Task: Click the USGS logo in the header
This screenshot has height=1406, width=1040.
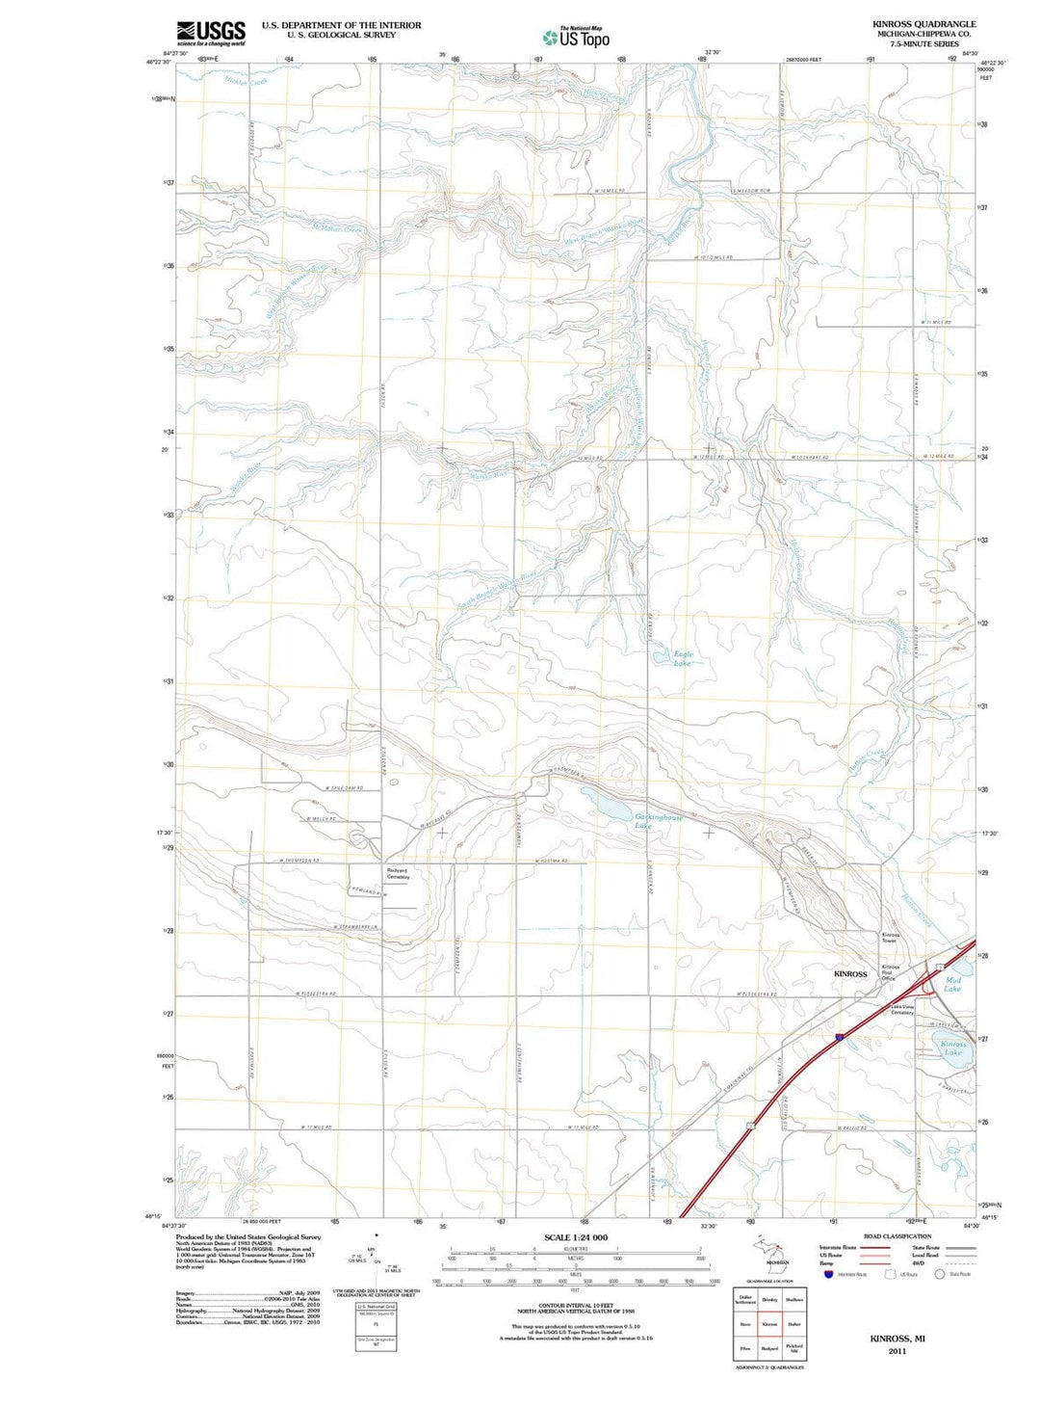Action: pyautogui.click(x=211, y=33)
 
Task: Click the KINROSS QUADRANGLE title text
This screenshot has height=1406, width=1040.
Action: pyautogui.click(x=923, y=24)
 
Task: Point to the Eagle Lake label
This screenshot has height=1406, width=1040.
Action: pyautogui.click(x=683, y=659)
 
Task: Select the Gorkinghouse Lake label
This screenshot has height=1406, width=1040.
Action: pyautogui.click(x=659, y=821)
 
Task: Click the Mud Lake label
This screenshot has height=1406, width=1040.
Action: pyautogui.click(x=952, y=984)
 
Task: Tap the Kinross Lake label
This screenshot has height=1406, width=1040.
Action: pyautogui.click(x=952, y=1048)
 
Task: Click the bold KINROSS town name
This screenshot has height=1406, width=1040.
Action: pyautogui.click(x=850, y=974)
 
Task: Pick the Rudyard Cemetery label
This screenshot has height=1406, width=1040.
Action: pyautogui.click(x=398, y=874)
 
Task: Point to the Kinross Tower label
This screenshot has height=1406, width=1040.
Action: pyautogui.click(x=891, y=938)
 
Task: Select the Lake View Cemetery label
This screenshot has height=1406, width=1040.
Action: pyautogui.click(x=901, y=1010)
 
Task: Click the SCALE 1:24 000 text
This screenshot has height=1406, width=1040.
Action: pyautogui.click(x=576, y=1237)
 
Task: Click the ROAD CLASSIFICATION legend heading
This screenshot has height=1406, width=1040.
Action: pyautogui.click(x=897, y=1236)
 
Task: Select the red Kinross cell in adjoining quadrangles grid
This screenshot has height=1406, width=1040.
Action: pyautogui.click(x=769, y=1324)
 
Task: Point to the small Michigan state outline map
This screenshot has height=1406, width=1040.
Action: pyautogui.click(x=769, y=1252)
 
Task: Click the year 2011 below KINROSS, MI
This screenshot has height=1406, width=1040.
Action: pyautogui.click(x=897, y=1351)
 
